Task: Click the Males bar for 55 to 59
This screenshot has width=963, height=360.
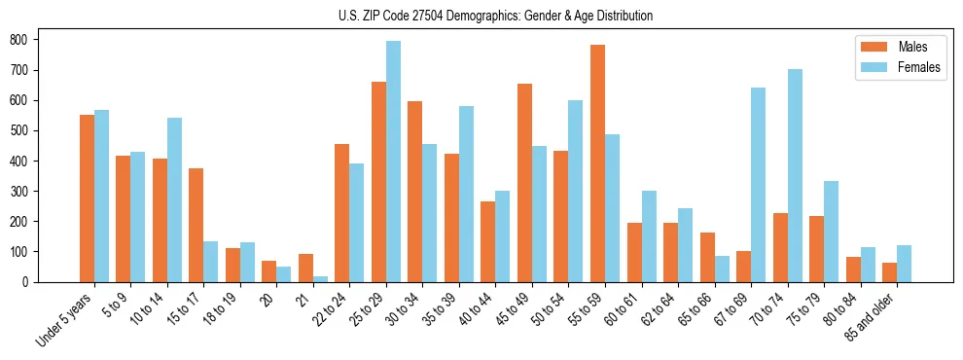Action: pos(597,163)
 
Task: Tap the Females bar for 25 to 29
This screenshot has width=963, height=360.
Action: pos(393,162)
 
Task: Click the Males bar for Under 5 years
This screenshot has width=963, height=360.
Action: pos(87,198)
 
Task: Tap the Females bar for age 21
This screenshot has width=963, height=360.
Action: pos(320,278)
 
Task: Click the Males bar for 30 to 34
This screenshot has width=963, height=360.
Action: pos(414,192)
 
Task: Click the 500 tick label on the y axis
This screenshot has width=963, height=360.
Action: pos(24,130)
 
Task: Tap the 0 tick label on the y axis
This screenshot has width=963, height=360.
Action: pos(30,282)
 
